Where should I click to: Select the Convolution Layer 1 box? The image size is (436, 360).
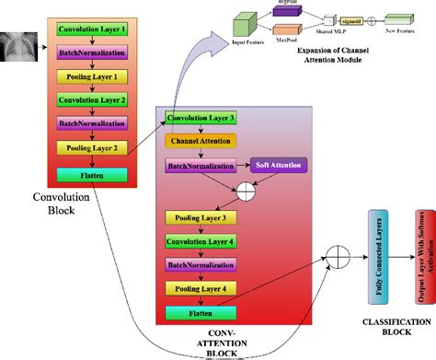click(92, 30)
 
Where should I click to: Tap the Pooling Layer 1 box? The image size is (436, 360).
click(92, 76)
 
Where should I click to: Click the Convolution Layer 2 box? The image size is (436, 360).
click(92, 99)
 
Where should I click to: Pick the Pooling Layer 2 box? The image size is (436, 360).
click(92, 146)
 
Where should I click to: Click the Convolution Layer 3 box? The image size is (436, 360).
click(201, 119)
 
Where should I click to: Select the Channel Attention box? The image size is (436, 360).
click(201, 141)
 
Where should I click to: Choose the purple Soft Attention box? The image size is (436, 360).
click(279, 167)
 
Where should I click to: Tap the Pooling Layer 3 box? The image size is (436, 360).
click(201, 218)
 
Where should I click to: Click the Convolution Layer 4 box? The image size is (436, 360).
click(201, 241)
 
